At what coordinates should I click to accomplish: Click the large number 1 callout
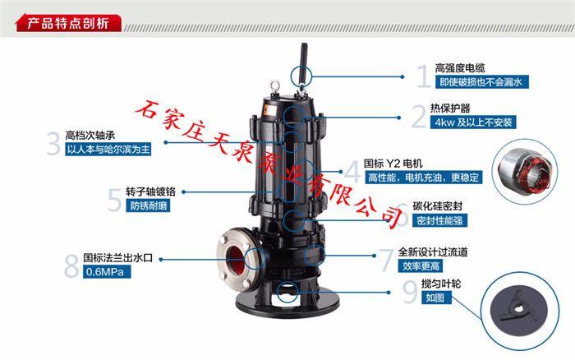[423, 76]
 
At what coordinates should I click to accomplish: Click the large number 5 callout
[115, 199]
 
